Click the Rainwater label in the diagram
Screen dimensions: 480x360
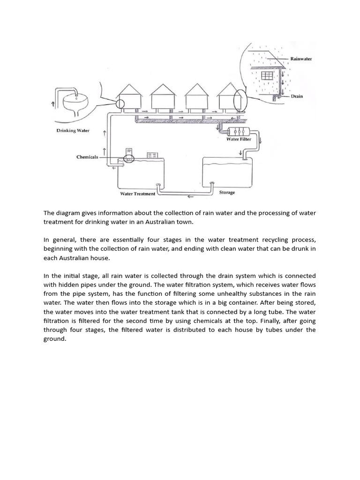pos(301,59)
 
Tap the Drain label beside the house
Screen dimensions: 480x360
pos(297,96)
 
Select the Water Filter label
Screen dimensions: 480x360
pos(239,139)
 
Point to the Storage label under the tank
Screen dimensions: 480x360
pos(227,192)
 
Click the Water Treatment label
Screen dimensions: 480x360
pos(137,194)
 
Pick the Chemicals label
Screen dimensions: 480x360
pos(87,157)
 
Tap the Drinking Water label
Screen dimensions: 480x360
pos(73,130)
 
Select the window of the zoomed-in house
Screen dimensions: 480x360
pos(267,76)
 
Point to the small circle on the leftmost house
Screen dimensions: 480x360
pos(120,104)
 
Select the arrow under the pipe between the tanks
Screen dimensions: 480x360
pos(190,197)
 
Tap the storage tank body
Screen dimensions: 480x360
pos(225,171)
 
